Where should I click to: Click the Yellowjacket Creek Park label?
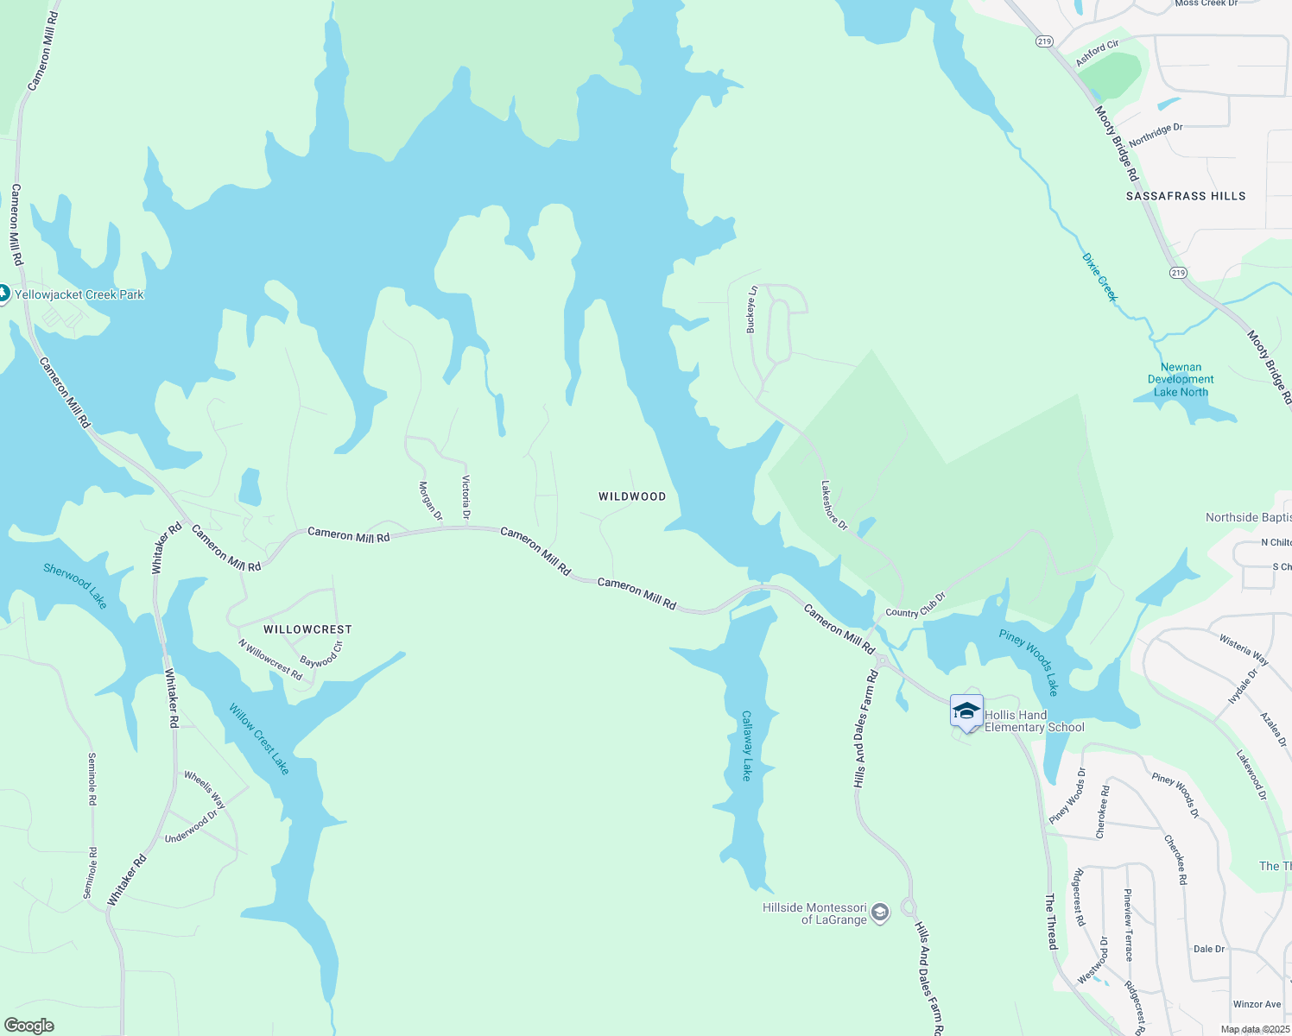coord(79,294)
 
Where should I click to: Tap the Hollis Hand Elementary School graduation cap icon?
coord(966,711)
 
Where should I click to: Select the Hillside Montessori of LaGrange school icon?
coord(880,913)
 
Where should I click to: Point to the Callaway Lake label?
coord(747,746)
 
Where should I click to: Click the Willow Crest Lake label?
coord(259,739)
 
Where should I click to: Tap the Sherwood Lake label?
coord(75,586)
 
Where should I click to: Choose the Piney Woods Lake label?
coord(1029,662)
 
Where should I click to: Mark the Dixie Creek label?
coord(1099,277)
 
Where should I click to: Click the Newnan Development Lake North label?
coord(1181,380)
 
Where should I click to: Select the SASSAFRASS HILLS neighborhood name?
coord(1186,196)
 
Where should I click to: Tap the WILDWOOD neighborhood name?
coord(632,496)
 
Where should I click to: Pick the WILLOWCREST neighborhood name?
coord(307,629)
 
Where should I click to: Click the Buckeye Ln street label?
coord(751,309)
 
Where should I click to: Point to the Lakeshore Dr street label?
coord(834,505)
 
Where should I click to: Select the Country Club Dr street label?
coord(915,605)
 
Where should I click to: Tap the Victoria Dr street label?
coord(466,497)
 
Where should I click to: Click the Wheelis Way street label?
coord(205,790)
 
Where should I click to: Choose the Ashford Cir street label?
coord(1097,53)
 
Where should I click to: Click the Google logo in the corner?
coord(29,1025)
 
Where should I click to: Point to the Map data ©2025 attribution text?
coord(1255,1029)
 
